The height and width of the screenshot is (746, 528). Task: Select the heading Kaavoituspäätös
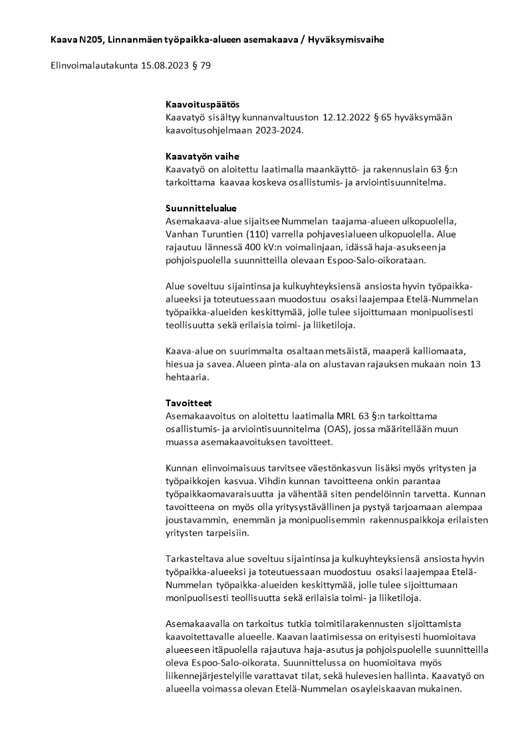click(202, 105)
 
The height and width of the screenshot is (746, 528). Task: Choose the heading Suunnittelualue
click(201, 208)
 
